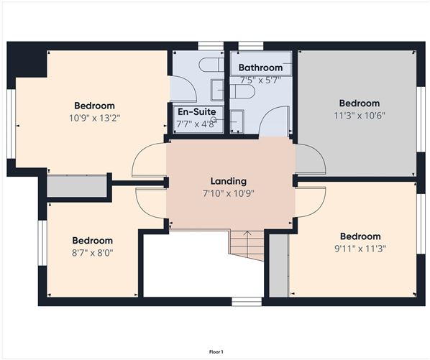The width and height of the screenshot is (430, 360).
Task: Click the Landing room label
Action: pos(229,181)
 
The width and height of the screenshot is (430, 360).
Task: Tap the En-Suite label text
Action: pos(196,112)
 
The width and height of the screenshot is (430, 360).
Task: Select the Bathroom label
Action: pos(260,68)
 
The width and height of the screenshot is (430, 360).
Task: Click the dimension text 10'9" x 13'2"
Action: pos(95,118)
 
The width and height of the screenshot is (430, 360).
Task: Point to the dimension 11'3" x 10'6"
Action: pos(360,116)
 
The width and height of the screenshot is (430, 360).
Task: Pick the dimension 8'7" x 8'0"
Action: pos(93,253)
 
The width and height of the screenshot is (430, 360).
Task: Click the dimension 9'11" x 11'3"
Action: pos(360,249)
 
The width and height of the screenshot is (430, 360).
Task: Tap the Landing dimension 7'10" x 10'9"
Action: pos(229,193)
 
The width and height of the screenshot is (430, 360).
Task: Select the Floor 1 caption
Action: pos(216,351)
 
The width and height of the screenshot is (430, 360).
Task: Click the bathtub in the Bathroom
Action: pos(261,63)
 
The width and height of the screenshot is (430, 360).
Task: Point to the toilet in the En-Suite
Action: pos(211,65)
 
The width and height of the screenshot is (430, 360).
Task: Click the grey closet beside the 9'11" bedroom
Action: pos(279,265)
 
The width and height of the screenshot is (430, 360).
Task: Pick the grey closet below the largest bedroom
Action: pos(77,186)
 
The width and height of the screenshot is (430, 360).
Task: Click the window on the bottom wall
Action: pos(247,302)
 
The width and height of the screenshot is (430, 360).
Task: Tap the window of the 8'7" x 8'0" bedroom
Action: pos(42,243)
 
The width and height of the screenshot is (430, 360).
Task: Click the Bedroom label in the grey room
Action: pos(360,103)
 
